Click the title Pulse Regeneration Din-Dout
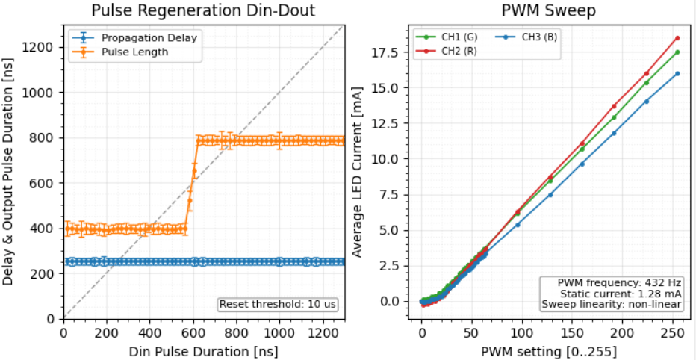(202, 10)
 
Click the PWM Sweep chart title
(548, 10)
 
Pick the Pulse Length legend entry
(134, 52)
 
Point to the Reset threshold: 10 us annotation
(279, 304)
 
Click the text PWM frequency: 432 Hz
(620, 283)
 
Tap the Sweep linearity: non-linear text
(612, 304)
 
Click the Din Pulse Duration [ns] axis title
(202, 349)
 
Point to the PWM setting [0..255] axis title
(548, 349)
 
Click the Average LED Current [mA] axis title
(358, 173)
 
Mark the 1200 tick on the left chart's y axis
(41, 47)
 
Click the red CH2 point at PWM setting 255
(677, 38)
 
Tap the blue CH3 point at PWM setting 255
(677, 73)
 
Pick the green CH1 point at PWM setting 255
(677, 52)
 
